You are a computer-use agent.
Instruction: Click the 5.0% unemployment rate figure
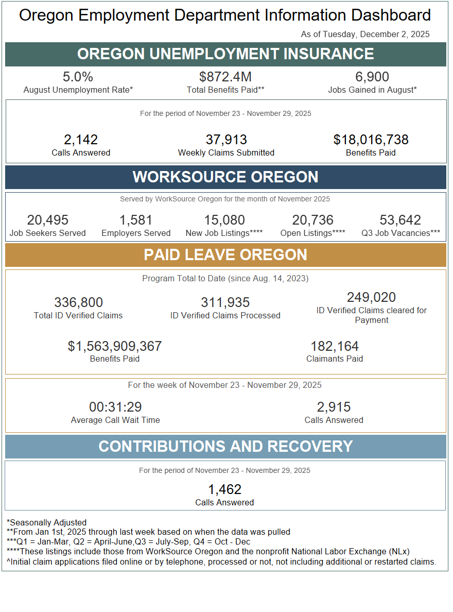pyautogui.click(x=78, y=77)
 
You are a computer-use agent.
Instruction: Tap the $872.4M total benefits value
pyautogui.click(x=225, y=77)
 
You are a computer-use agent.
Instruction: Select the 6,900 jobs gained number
pyautogui.click(x=372, y=77)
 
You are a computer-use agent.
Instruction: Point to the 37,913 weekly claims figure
pyautogui.click(x=226, y=140)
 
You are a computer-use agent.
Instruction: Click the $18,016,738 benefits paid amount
pyautogui.click(x=371, y=140)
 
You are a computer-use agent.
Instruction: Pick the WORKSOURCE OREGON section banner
pyautogui.click(x=225, y=177)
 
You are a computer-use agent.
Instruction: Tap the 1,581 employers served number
pyautogui.click(x=136, y=220)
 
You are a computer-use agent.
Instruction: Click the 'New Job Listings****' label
pyautogui.click(x=224, y=233)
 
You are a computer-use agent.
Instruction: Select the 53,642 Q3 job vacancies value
pyautogui.click(x=400, y=220)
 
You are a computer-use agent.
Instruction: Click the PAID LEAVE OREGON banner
pyautogui.click(x=225, y=255)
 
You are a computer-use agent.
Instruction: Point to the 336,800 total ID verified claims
pyautogui.click(x=78, y=302)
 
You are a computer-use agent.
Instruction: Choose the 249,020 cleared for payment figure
pyautogui.click(x=372, y=297)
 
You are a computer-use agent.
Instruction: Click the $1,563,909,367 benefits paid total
pyautogui.click(x=115, y=346)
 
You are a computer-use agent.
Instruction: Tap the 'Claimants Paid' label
pyautogui.click(x=335, y=359)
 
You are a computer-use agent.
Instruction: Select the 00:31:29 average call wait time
pyautogui.click(x=115, y=407)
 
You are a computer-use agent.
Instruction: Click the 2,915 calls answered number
pyautogui.click(x=334, y=407)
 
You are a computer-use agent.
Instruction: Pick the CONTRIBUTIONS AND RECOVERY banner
pyautogui.click(x=225, y=447)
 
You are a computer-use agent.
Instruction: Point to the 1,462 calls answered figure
pyautogui.click(x=225, y=489)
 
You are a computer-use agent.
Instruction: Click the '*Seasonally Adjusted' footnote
pyautogui.click(x=47, y=522)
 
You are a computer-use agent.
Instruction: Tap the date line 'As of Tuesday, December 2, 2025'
pyautogui.click(x=365, y=35)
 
